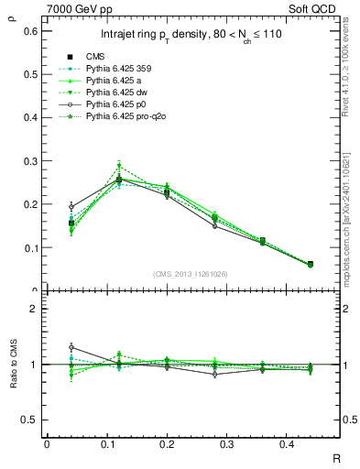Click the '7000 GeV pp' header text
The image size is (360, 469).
76,9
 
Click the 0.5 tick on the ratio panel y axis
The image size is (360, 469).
30,420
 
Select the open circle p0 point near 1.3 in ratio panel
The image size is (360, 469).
71,347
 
